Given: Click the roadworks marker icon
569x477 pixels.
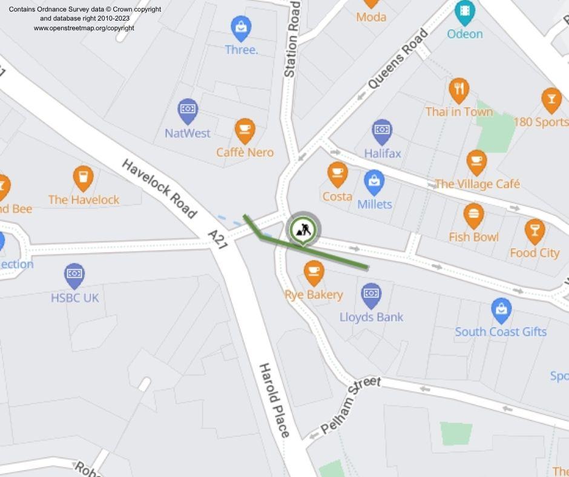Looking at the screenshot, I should [x=302, y=229].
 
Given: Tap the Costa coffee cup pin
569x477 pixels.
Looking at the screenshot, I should [x=338, y=174].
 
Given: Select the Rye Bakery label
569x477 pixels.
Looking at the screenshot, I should [x=314, y=295].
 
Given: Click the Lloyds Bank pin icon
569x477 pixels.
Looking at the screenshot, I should [x=371, y=294].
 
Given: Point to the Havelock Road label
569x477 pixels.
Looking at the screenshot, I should [x=159, y=188].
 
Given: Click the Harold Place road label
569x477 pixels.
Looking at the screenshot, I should [x=274, y=400].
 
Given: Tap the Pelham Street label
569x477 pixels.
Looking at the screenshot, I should [x=350, y=404].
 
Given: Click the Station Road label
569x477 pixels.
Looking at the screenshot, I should [x=292, y=39].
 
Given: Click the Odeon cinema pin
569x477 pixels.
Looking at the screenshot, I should [x=465, y=11].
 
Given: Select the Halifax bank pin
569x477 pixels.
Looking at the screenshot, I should [x=382, y=131].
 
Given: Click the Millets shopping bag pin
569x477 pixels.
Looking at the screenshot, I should [x=374, y=182].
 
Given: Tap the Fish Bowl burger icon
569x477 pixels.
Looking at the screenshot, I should [x=473, y=215].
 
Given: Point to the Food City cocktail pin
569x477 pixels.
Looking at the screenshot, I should [x=534, y=231].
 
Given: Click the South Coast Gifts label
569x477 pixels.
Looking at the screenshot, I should [x=501, y=332].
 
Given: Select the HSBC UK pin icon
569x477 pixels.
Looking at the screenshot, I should [x=74, y=275].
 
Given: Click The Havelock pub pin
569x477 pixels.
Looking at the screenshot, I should [x=84, y=178].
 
